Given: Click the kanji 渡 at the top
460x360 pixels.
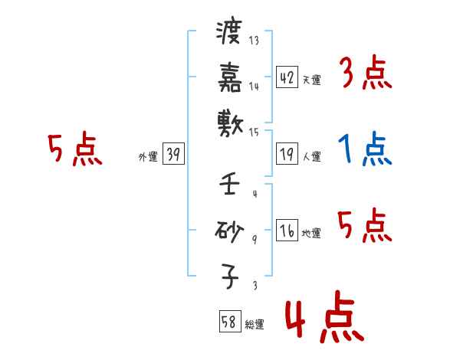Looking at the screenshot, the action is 228,34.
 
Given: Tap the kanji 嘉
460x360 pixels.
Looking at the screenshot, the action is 228,77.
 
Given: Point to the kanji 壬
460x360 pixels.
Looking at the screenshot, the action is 228,185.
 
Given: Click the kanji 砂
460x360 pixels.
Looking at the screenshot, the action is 228,229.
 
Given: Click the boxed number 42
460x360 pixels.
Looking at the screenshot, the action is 287,77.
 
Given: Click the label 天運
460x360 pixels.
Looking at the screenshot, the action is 311,80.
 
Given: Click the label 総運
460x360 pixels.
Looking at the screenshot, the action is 255,324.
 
